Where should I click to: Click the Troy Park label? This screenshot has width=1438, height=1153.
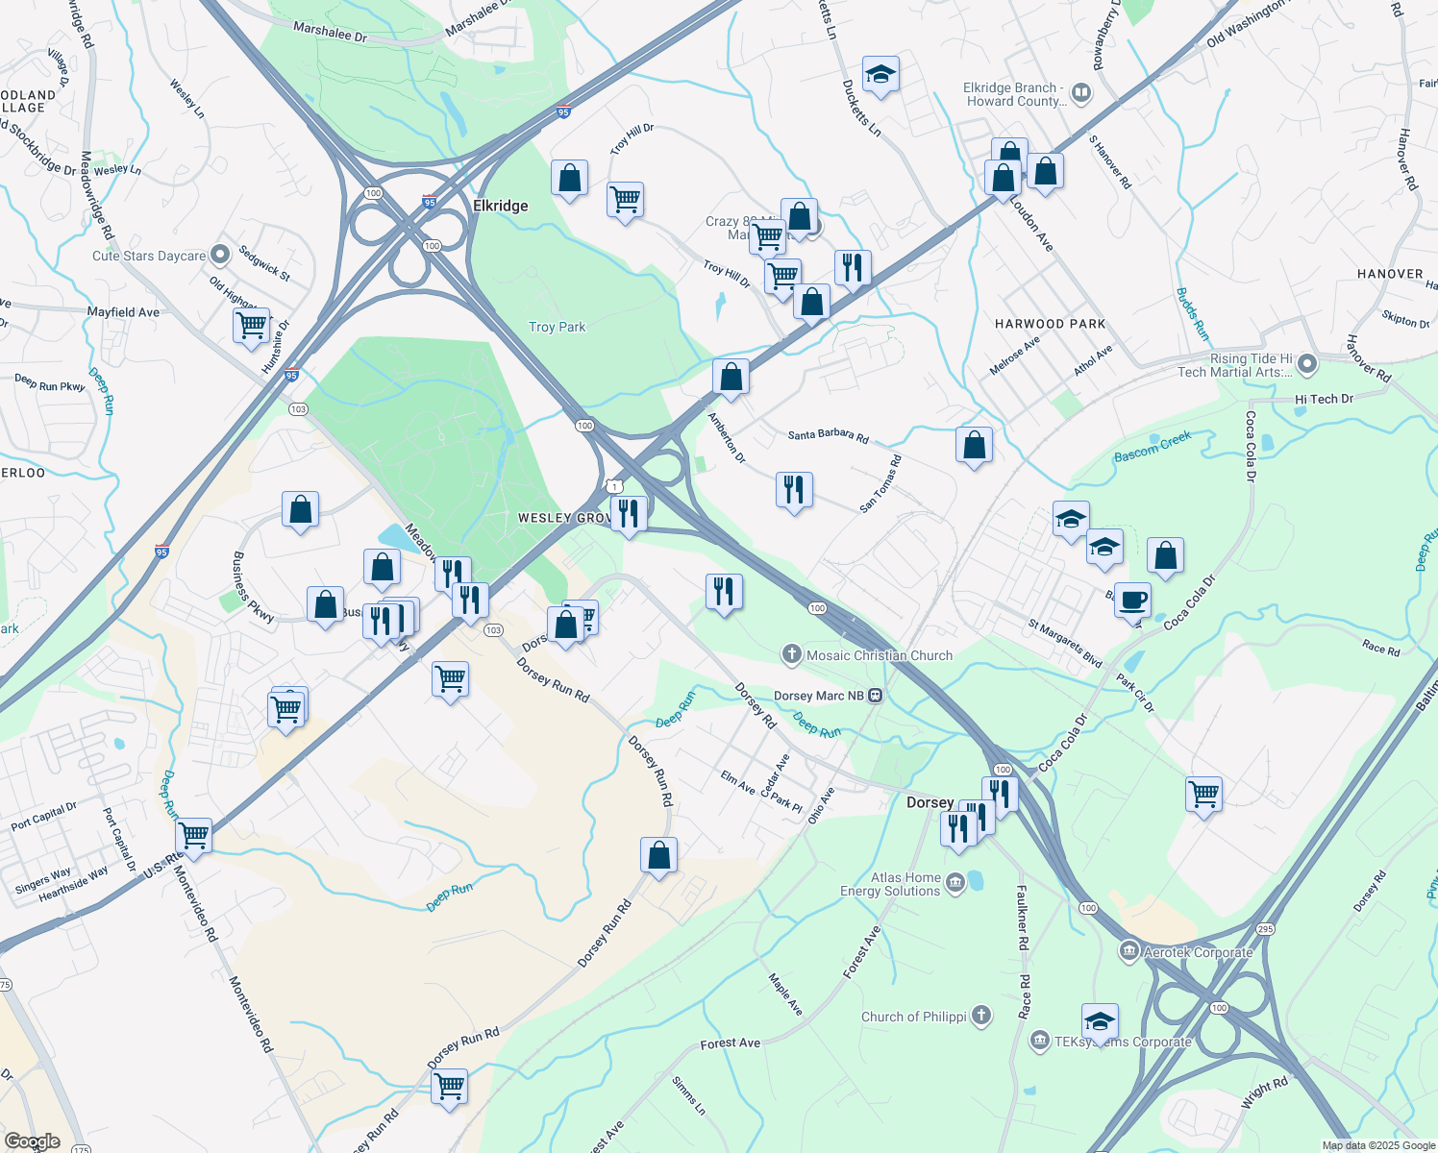point(557,328)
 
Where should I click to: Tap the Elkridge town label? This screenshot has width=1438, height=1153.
point(500,206)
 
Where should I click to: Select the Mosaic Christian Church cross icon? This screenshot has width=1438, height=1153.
point(791,655)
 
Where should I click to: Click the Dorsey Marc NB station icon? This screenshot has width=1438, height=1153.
point(876,696)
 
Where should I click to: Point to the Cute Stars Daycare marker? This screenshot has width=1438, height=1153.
point(220,256)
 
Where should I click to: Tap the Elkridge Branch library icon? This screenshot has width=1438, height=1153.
point(1081,93)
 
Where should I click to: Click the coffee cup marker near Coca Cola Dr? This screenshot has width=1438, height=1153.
point(1133,601)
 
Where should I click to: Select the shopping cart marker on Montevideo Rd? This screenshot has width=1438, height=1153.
point(194,836)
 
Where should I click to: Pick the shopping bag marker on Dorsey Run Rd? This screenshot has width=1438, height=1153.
point(659,855)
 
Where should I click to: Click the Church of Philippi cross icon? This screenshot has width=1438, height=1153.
point(981,1016)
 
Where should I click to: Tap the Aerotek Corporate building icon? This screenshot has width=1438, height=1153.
point(1128,951)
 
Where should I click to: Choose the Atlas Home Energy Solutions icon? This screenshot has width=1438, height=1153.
point(955,883)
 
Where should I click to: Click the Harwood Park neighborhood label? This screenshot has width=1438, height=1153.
point(1050,324)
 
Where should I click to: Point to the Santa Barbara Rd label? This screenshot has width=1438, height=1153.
point(828,435)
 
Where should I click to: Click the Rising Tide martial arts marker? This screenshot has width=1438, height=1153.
point(1306,365)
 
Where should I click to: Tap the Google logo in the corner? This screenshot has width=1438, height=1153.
point(32,1141)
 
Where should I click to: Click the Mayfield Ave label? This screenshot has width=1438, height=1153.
point(123,312)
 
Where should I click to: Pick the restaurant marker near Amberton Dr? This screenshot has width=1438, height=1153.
point(794,490)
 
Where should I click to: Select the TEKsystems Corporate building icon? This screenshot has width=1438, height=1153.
point(1039,1041)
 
